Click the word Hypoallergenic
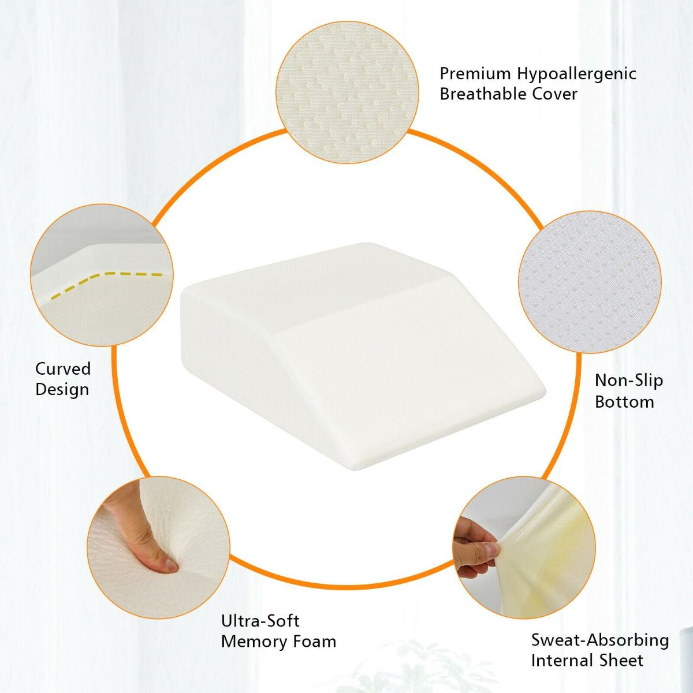click(576, 74)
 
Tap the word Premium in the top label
click(475, 73)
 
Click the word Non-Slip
click(620, 381)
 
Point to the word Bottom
click(624, 401)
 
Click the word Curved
click(63, 369)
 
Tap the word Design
click(62, 389)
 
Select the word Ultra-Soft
click(260, 621)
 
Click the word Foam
click(314, 641)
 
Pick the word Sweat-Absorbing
click(600, 640)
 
